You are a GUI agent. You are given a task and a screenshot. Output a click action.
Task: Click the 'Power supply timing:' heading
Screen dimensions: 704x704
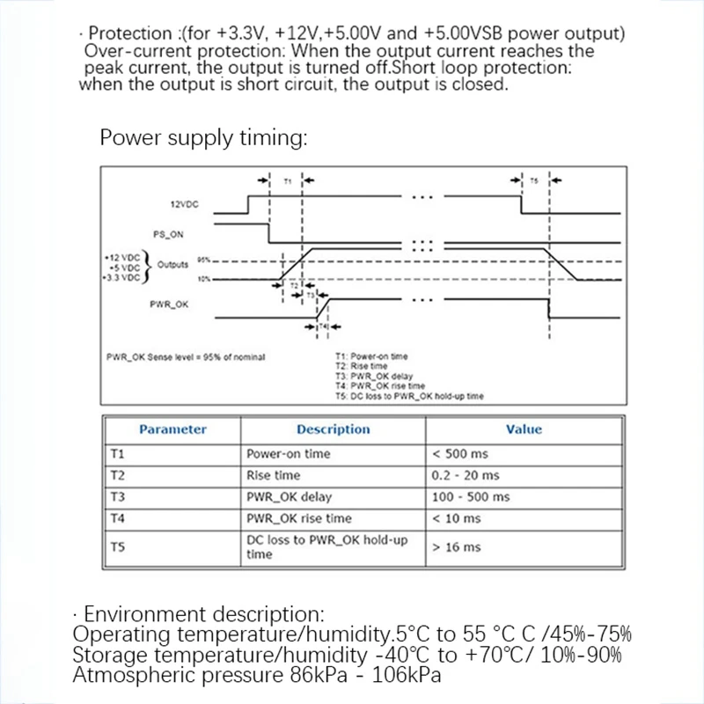(x=203, y=138)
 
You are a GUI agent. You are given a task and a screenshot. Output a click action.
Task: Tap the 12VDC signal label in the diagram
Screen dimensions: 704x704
(x=184, y=204)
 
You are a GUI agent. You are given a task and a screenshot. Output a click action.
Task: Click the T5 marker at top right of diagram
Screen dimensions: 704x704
(x=534, y=180)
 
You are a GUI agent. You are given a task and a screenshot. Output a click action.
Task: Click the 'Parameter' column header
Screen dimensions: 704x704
(x=172, y=429)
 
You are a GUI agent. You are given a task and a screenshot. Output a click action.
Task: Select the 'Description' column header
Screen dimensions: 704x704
(x=333, y=429)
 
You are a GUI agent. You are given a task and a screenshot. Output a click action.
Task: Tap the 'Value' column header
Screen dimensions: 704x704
(x=524, y=429)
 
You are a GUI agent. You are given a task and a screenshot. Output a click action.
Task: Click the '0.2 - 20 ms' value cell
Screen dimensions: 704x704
(x=466, y=475)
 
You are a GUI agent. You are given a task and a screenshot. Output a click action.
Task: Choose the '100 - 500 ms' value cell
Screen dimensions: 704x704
(x=471, y=497)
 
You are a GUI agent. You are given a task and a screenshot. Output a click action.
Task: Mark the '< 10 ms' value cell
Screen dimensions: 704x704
(x=457, y=518)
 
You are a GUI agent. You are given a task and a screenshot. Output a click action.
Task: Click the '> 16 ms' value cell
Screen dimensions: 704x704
(x=457, y=547)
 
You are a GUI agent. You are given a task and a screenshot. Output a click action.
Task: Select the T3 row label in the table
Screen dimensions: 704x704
(x=118, y=497)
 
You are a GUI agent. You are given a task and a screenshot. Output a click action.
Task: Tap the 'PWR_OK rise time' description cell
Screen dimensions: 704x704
(x=298, y=518)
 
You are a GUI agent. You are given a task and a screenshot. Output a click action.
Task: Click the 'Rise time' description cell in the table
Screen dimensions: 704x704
(x=275, y=475)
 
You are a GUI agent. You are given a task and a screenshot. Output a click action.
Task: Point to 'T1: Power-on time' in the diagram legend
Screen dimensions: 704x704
(x=371, y=356)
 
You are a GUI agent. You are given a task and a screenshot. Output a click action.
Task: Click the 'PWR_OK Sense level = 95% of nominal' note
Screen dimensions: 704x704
(x=185, y=356)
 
